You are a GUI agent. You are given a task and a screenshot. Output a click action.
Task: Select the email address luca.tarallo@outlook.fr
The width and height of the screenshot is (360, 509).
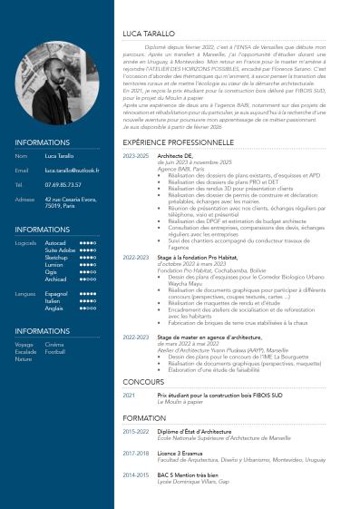pos(70,170)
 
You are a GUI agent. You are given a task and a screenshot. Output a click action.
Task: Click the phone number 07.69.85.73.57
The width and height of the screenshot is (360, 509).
pos(63,184)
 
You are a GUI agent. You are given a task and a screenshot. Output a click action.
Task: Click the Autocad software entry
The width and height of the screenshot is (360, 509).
pos(55,243)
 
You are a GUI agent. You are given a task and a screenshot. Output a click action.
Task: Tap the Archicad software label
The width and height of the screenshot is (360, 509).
pos(56,279)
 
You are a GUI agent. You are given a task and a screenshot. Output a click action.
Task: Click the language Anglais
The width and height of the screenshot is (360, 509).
pos(54,308)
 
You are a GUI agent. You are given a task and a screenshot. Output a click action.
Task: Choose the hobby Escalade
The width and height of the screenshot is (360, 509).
pos(24,352)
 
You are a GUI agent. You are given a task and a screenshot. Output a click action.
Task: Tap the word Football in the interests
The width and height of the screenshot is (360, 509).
pos(55,352)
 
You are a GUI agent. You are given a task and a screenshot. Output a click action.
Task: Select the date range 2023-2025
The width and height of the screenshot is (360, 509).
pos(135,156)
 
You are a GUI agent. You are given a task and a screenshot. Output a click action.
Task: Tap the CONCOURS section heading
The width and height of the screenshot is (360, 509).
pos(143,382)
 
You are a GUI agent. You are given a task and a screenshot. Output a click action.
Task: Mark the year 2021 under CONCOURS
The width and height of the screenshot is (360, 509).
pos(129,396)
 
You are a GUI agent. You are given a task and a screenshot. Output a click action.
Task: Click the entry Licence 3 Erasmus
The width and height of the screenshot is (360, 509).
pos(184,452)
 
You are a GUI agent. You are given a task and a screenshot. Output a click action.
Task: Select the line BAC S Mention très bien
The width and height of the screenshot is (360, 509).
pos(190,474)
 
